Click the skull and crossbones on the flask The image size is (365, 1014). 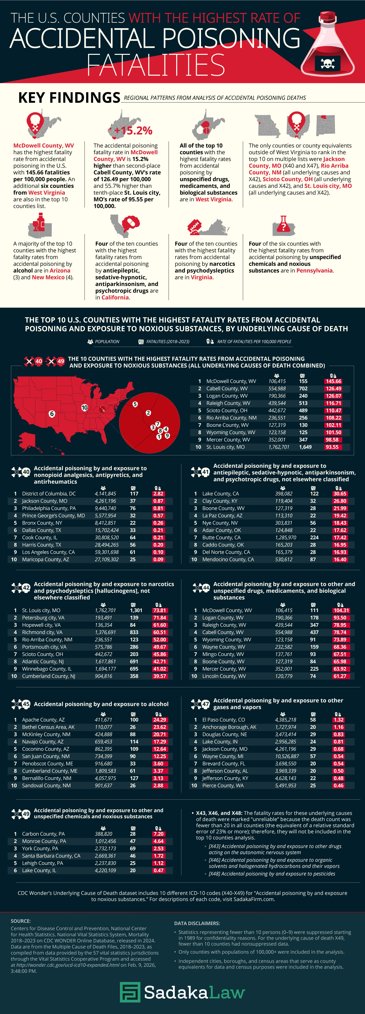[328, 63]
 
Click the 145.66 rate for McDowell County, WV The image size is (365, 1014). [333, 381]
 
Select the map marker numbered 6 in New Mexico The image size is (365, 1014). [52, 414]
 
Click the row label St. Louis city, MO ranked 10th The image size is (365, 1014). [225, 447]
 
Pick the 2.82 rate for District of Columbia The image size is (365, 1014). [158, 494]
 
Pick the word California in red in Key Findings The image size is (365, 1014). [115, 297]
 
